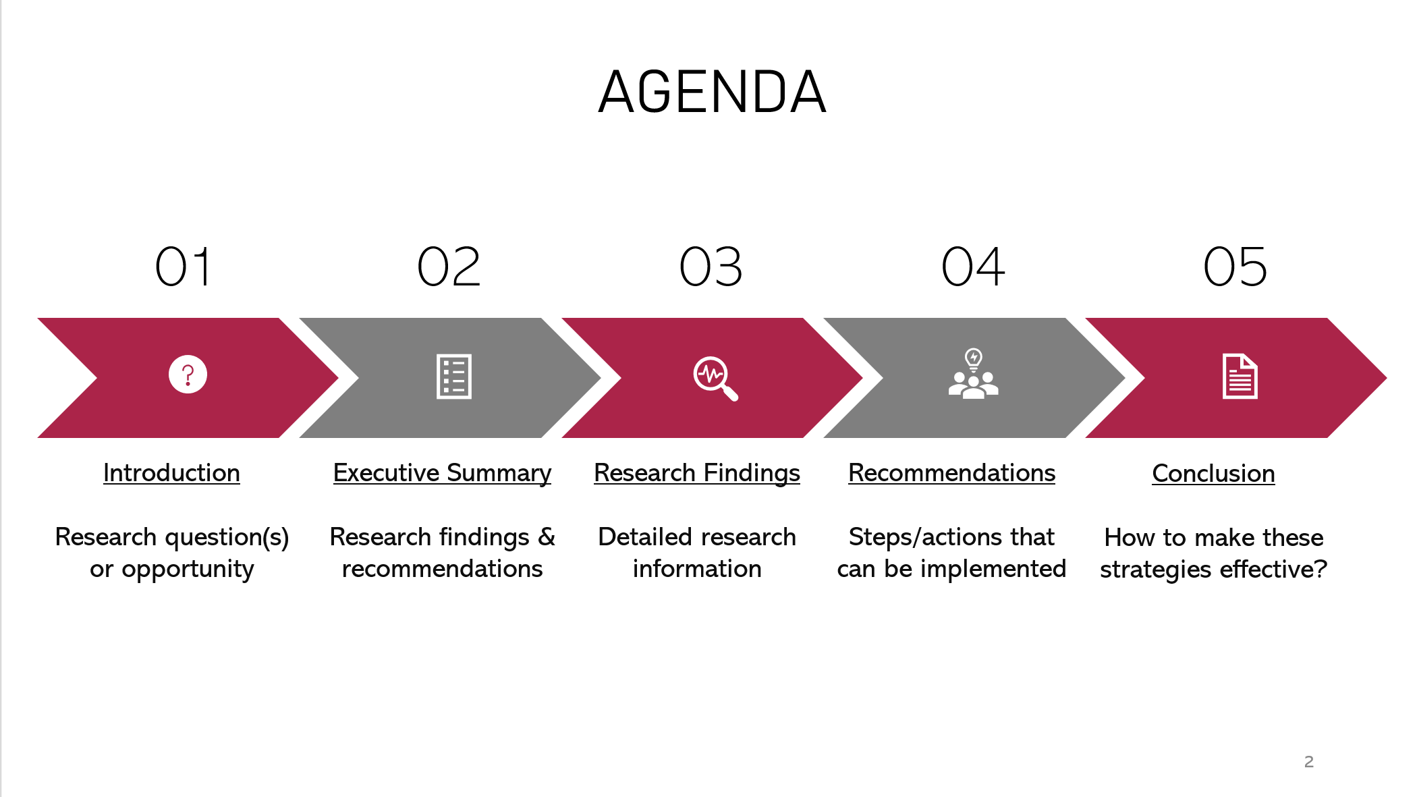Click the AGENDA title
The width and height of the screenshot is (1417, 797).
pyautogui.click(x=712, y=92)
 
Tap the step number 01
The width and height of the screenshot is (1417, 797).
pyautogui.click(x=184, y=267)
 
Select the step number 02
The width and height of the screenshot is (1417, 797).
pyautogui.click(x=449, y=267)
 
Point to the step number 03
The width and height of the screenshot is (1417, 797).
pyautogui.click(x=711, y=267)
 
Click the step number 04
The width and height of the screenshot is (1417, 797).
pyautogui.click(x=973, y=267)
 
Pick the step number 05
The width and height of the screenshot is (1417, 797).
pyautogui.click(x=1235, y=267)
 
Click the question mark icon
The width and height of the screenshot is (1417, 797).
pyautogui.click(x=188, y=374)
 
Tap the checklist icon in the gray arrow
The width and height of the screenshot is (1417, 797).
pyautogui.click(x=454, y=377)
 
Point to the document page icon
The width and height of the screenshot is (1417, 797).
pyautogui.click(x=1240, y=376)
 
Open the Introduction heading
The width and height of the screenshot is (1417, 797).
pyautogui.click(x=171, y=473)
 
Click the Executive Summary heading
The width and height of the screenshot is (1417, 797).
pyautogui.click(x=442, y=473)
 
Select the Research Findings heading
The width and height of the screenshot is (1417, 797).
pyautogui.click(x=697, y=473)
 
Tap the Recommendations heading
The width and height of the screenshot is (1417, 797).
pyautogui.click(x=951, y=473)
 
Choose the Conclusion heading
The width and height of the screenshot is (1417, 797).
pyautogui.click(x=1213, y=474)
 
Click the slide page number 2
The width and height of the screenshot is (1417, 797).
pyautogui.click(x=1309, y=762)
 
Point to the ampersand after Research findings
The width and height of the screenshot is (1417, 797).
pyautogui.click(x=547, y=537)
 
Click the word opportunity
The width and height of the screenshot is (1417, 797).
pyautogui.click(x=188, y=570)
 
